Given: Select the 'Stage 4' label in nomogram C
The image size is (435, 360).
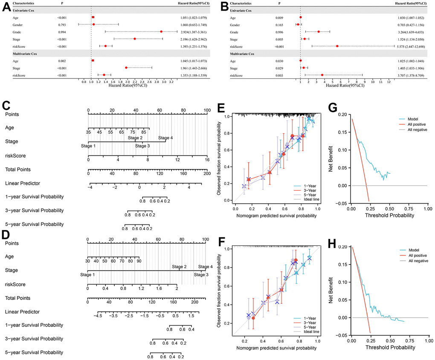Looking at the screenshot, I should (x=165, y=138).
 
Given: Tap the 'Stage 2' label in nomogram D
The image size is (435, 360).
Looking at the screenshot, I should (x=179, y=267).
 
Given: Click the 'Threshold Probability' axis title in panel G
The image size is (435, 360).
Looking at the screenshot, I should (x=389, y=216).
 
